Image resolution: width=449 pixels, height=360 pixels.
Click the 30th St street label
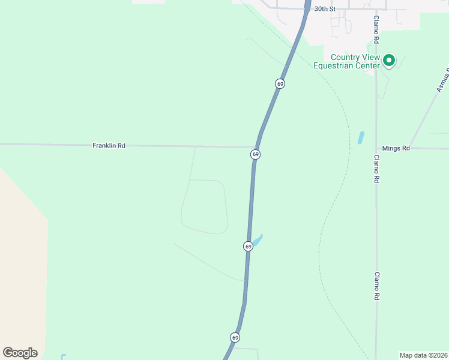point(325,9)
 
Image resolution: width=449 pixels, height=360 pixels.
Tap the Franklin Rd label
point(109,145)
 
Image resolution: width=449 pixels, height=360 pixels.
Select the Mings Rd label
point(396,148)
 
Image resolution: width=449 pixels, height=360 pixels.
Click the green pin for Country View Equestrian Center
point(389,60)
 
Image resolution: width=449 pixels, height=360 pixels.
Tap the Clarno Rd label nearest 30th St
point(376,30)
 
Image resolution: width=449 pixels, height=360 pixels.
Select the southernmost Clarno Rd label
point(376,286)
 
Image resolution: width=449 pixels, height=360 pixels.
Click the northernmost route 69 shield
point(280,83)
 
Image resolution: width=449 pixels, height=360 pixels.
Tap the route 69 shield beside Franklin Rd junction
point(255,155)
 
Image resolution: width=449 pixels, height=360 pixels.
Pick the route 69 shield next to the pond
point(248,246)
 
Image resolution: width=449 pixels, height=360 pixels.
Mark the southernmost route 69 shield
point(235,337)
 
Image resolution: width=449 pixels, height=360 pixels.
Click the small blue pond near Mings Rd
point(361,137)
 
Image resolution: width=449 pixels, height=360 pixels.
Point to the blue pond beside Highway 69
point(257,241)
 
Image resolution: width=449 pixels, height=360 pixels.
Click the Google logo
point(20,353)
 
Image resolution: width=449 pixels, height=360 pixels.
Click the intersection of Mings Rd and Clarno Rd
point(376,148)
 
